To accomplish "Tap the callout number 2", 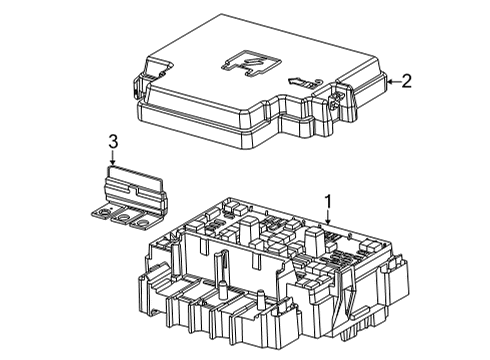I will [406, 83].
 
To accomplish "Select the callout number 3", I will [113, 142].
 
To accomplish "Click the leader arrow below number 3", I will [113, 162].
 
